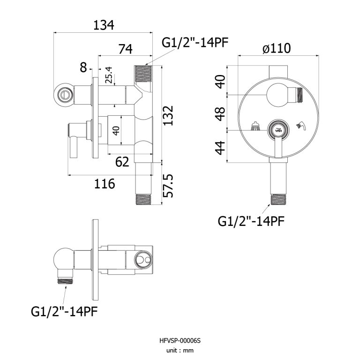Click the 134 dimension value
104,25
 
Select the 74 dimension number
125,49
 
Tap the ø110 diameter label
277,48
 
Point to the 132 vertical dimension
168,115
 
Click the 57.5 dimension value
168,186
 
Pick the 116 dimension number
105,184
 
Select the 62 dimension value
122,162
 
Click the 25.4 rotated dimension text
109,75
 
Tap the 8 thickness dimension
83,67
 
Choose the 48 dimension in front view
221,113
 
